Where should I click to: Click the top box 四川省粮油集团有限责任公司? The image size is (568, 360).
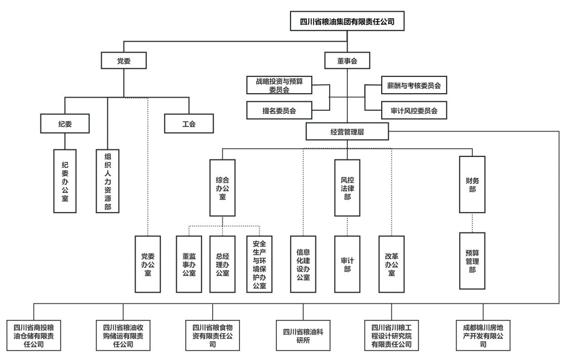(347, 22)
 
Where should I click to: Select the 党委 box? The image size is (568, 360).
(124, 61)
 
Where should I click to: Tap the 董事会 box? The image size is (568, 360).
(347, 61)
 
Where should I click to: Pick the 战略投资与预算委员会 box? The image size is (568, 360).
(279, 86)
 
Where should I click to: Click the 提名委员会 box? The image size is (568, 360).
(279, 110)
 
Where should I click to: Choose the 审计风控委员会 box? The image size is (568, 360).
(414, 110)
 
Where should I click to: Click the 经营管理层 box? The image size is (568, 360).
(347, 132)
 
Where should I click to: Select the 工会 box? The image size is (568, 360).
(189, 123)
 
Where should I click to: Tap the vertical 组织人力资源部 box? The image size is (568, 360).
(107, 181)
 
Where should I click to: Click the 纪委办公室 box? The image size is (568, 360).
(65, 181)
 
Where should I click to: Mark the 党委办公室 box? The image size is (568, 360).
(147, 264)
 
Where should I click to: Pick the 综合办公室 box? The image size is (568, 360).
(222, 187)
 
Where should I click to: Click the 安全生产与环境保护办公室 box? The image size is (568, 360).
(259, 264)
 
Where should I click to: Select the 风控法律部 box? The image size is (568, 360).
(347, 187)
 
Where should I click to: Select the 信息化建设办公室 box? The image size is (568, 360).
(303, 264)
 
